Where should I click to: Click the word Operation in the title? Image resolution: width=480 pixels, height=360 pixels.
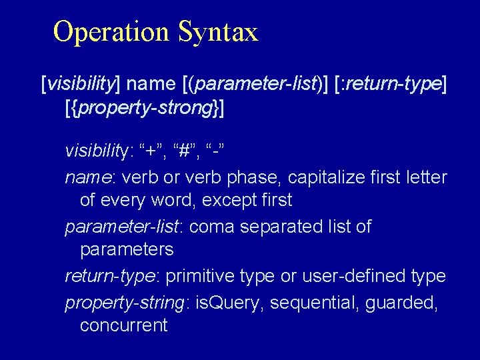tap(111, 31)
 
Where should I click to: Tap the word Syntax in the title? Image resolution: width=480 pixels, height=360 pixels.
tap(217, 32)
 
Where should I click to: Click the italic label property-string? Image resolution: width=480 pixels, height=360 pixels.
tap(125, 303)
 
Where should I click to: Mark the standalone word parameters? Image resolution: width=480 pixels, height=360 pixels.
tap(127, 249)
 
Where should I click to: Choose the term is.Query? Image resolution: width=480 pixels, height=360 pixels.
tap(228, 303)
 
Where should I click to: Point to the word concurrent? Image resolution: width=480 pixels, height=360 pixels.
tap(123, 325)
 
